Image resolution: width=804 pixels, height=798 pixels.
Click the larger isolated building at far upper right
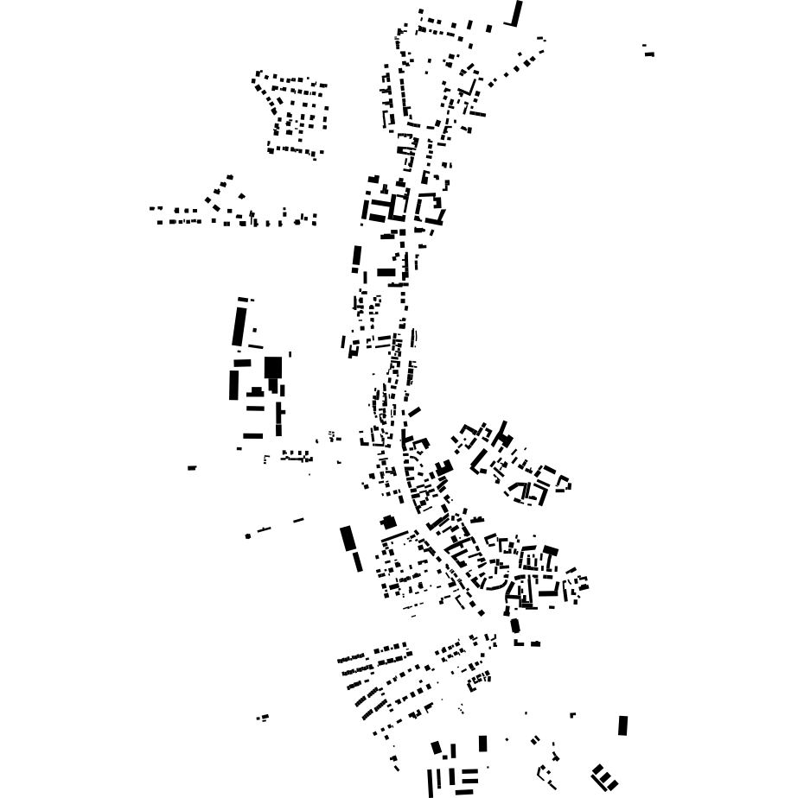(649, 54)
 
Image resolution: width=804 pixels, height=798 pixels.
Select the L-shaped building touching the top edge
(517, 15)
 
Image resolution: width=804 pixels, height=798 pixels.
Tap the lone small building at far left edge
(192, 468)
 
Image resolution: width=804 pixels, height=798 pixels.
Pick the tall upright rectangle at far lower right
(623, 725)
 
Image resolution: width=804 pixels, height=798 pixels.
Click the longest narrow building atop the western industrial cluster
(239, 325)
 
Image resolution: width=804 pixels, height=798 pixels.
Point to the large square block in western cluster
(272, 368)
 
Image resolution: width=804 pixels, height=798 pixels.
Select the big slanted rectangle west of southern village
(348, 538)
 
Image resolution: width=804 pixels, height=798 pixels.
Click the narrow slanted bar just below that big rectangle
(357, 561)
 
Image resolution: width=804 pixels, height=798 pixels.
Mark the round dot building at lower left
(248, 536)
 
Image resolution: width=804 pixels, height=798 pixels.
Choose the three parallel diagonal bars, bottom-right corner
(603, 776)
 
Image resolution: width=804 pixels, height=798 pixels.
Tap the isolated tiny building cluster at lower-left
(263, 718)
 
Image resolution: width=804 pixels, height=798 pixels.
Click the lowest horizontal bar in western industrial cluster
(252, 435)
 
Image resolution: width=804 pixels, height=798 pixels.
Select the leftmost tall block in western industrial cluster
(233, 384)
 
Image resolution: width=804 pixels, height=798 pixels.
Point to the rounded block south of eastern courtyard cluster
(515, 625)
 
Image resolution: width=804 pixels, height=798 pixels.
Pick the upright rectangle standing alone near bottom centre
(483, 744)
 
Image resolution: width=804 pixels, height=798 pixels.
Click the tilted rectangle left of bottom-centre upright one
(437, 747)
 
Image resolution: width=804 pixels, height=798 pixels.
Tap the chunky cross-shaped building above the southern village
(388, 522)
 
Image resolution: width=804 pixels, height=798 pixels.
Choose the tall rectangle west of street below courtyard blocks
(356, 257)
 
